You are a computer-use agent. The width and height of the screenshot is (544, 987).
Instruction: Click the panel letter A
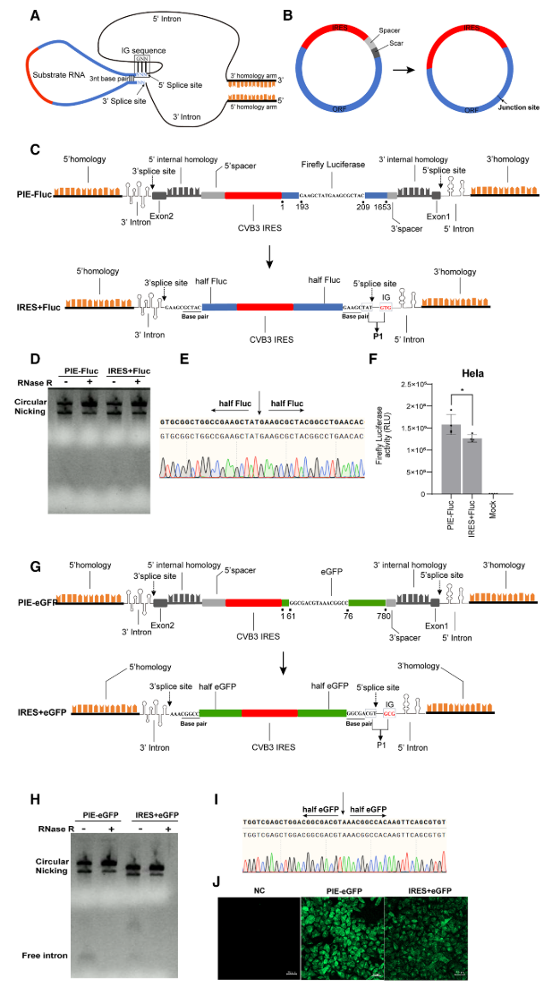point(34,15)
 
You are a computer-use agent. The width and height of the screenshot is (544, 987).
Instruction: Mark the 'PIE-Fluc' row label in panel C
point(33,193)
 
